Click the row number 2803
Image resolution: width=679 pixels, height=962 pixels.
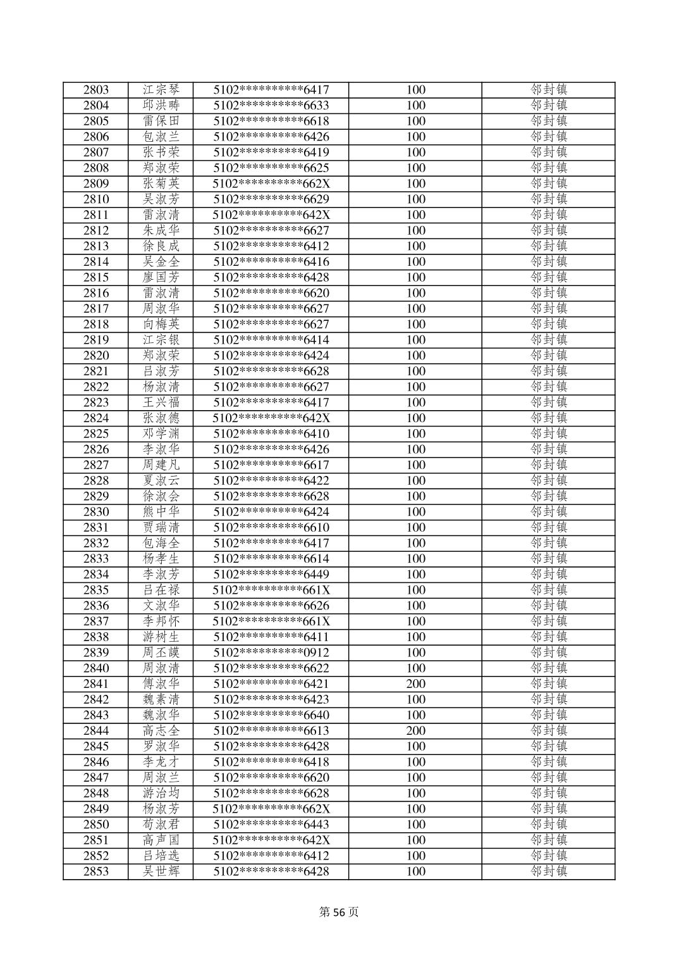(x=95, y=90)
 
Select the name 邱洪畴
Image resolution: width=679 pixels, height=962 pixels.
(x=161, y=106)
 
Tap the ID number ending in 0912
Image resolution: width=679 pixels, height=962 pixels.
(x=271, y=653)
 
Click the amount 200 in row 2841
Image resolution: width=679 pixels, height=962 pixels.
(x=415, y=684)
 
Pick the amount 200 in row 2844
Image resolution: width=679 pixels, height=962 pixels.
(x=415, y=731)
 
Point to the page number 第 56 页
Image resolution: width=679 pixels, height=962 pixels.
(x=339, y=912)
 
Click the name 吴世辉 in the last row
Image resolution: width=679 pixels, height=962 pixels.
(x=161, y=871)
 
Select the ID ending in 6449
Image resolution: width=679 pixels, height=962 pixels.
(x=271, y=575)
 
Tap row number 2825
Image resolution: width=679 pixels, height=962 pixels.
(x=95, y=434)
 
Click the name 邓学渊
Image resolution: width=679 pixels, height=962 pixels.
(x=161, y=434)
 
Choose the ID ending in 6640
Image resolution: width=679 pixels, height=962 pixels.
(x=271, y=715)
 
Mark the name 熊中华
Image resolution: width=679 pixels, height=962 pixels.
(x=161, y=512)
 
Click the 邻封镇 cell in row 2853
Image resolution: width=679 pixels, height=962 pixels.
(x=548, y=871)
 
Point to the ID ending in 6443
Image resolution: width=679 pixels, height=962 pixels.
(x=271, y=825)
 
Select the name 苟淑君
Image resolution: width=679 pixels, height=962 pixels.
(x=161, y=825)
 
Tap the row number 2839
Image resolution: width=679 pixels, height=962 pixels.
(x=95, y=653)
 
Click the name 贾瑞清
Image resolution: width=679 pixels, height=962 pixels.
(x=161, y=528)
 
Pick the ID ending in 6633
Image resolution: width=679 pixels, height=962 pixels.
(x=271, y=106)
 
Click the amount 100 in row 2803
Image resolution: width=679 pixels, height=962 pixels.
(x=415, y=90)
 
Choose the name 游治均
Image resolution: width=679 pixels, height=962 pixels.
(x=161, y=793)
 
